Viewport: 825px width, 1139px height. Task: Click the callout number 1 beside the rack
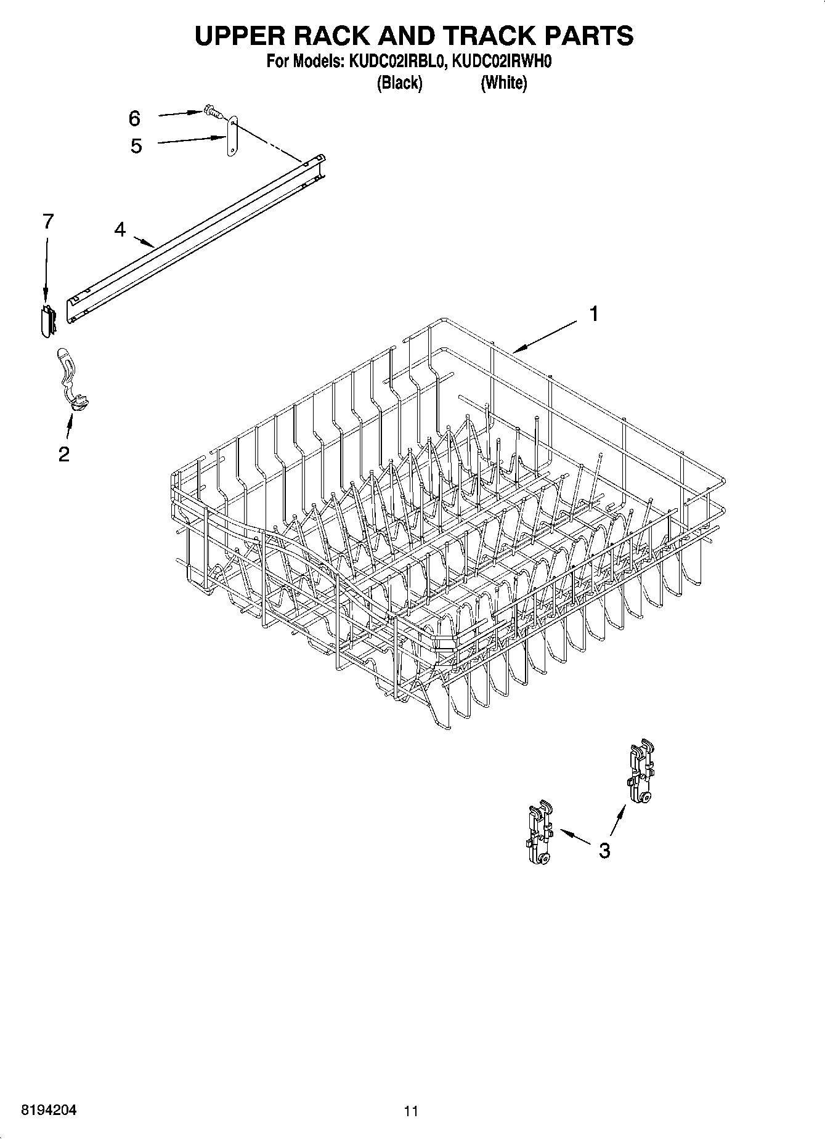click(x=593, y=314)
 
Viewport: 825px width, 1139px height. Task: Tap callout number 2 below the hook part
click(x=63, y=455)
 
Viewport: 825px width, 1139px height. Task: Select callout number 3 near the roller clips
click(x=604, y=850)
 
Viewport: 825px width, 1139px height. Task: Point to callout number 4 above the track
click(x=120, y=230)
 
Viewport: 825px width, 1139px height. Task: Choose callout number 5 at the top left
click(x=136, y=146)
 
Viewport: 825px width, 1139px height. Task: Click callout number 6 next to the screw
click(x=134, y=118)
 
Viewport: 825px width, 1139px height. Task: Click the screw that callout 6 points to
click(x=212, y=112)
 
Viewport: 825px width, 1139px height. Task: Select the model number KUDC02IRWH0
click(x=497, y=62)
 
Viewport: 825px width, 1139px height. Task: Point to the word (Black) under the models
click(x=399, y=83)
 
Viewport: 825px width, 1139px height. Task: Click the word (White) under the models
click(x=503, y=83)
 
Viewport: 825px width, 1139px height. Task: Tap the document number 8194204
click(x=49, y=1111)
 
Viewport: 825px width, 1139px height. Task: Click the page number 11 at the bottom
click(x=411, y=1111)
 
